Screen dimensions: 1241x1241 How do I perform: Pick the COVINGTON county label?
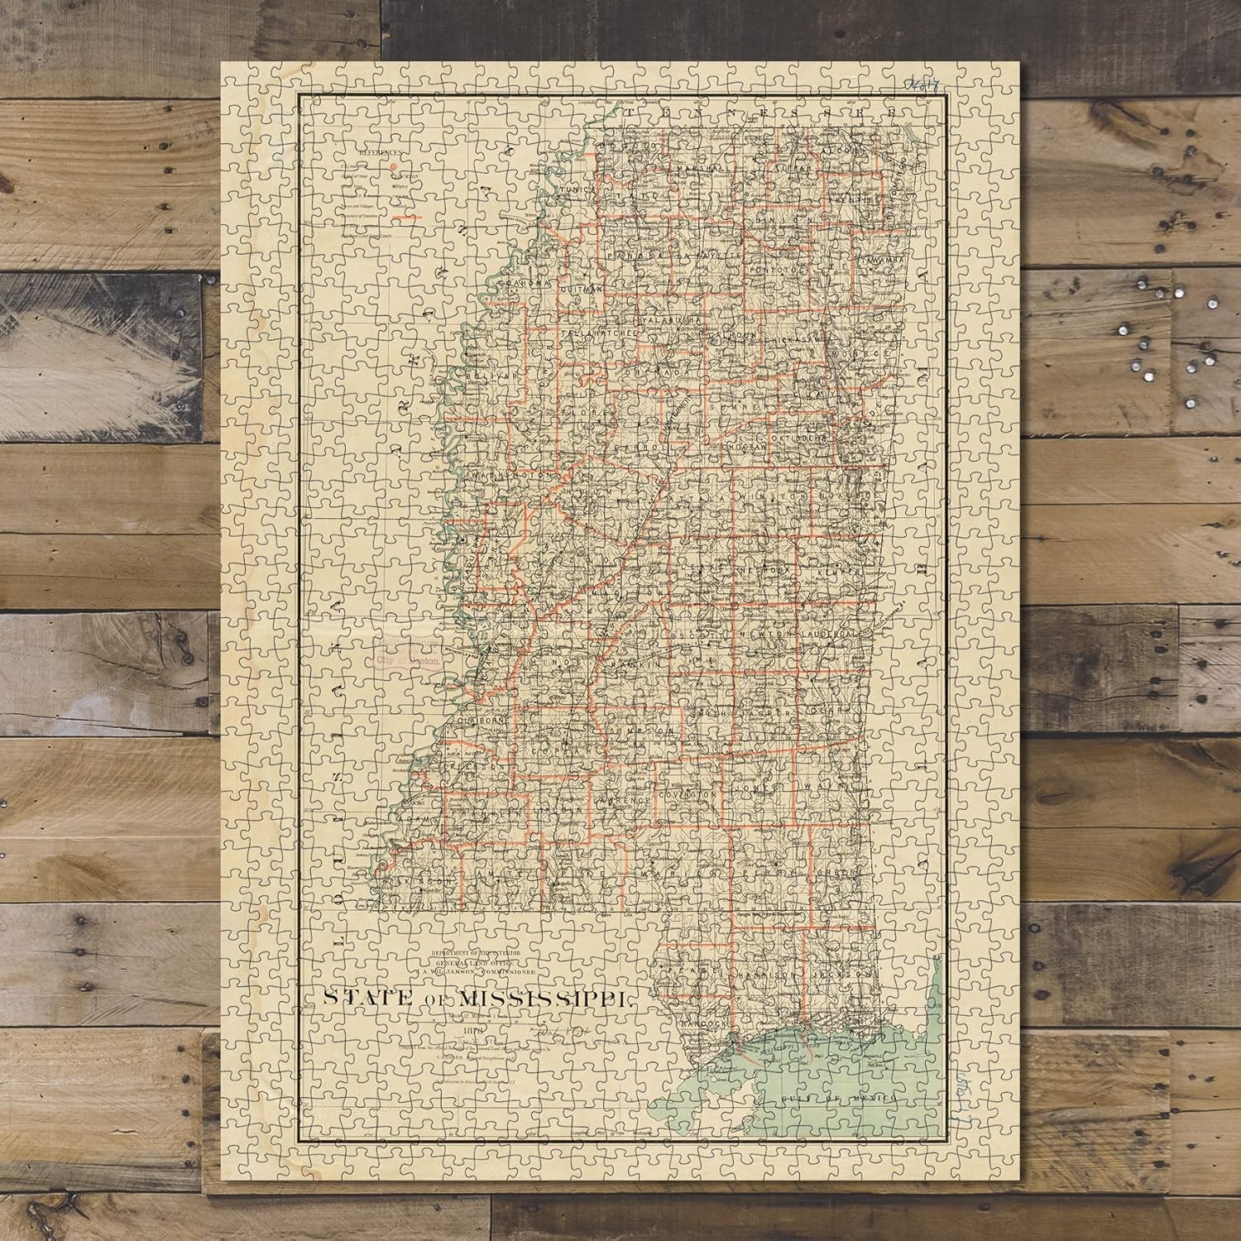[686, 793]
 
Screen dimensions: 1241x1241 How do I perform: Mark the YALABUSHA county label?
[671, 319]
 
